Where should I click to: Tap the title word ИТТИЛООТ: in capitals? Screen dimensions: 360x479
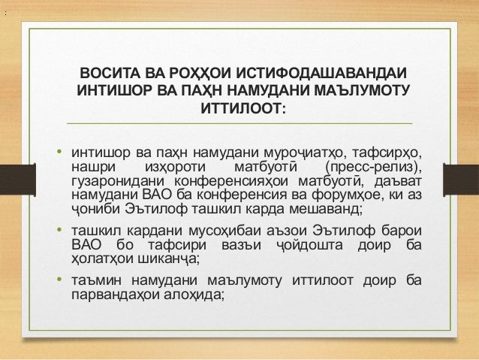[x=239, y=110]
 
